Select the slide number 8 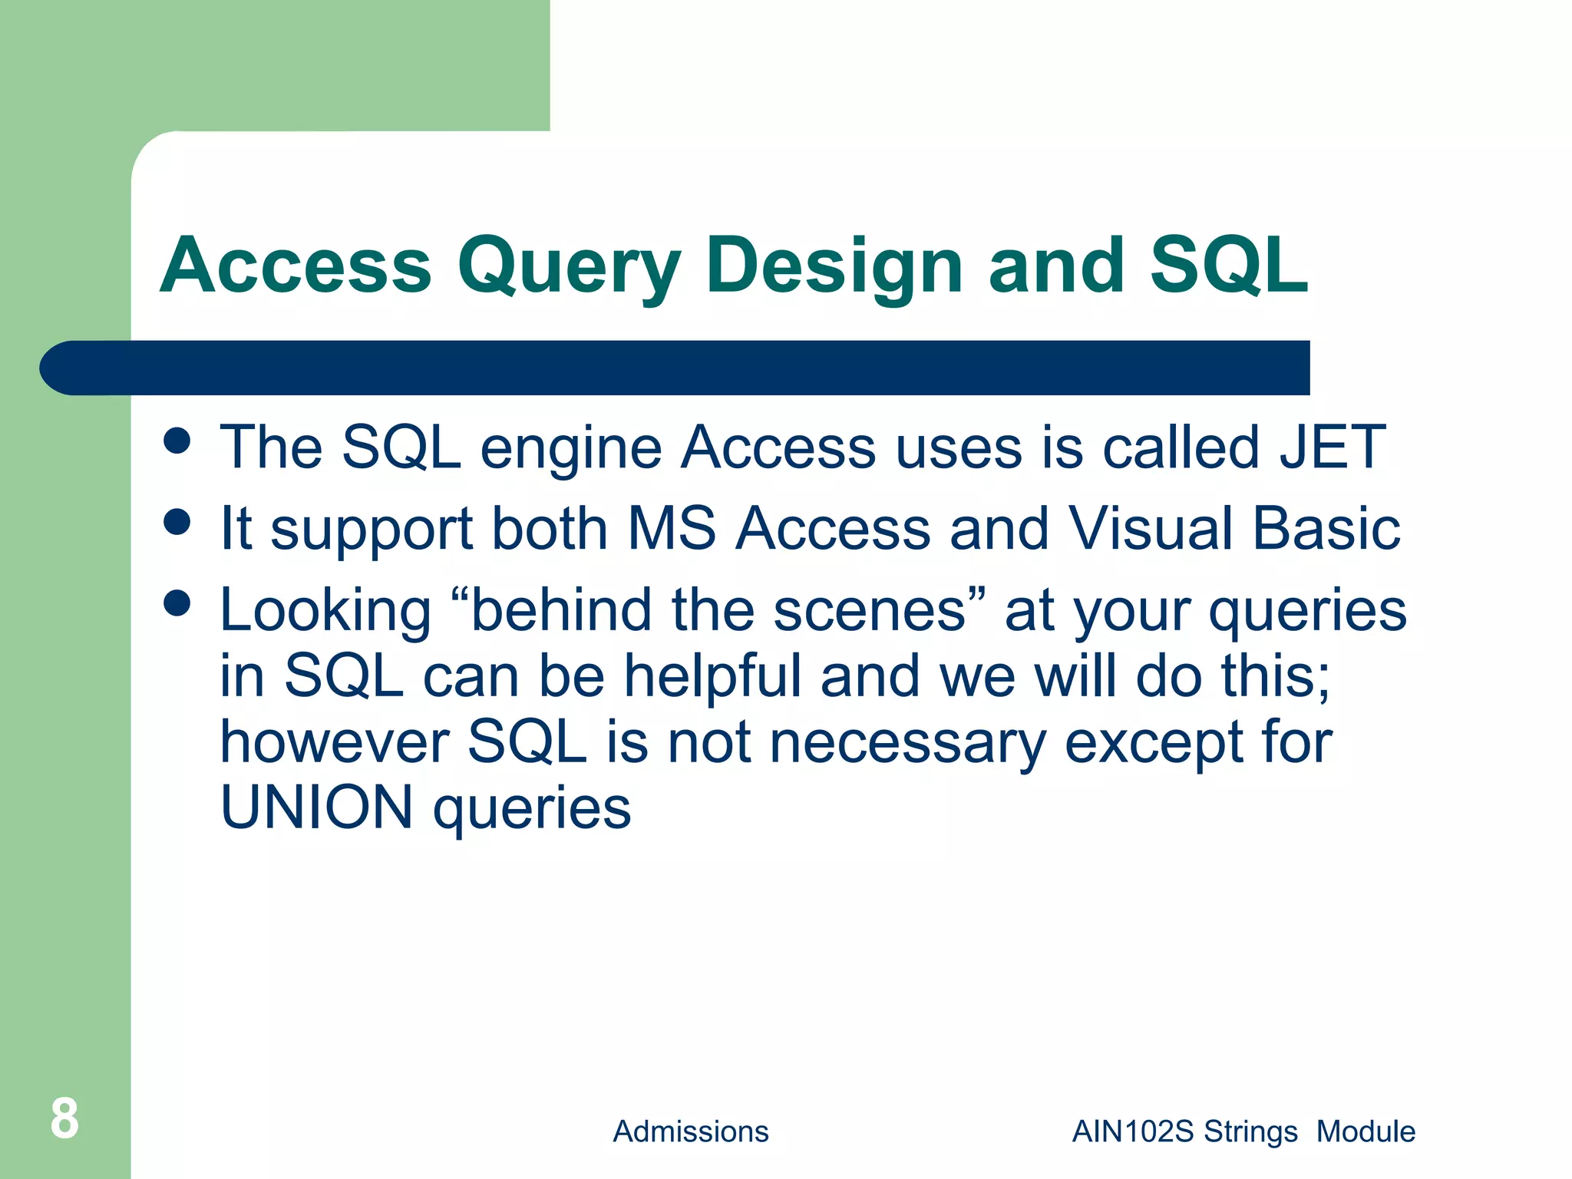pos(64,1118)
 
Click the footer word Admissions pos(690,1131)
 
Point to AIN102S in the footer pos(1133,1131)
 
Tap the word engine pos(571,448)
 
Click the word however pos(335,742)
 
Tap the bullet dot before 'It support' pos(177,522)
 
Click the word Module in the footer pos(1366,1131)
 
